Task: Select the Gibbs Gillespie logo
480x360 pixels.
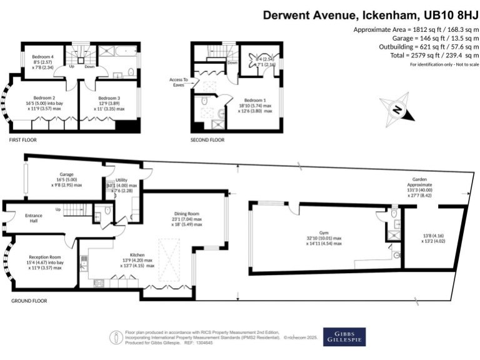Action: click(x=344, y=337)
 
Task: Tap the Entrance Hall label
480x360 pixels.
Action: click(x=33, y=218)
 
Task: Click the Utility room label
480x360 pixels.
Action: click(x=121, y=180)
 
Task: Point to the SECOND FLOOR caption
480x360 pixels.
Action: click(x=207, y=141)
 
